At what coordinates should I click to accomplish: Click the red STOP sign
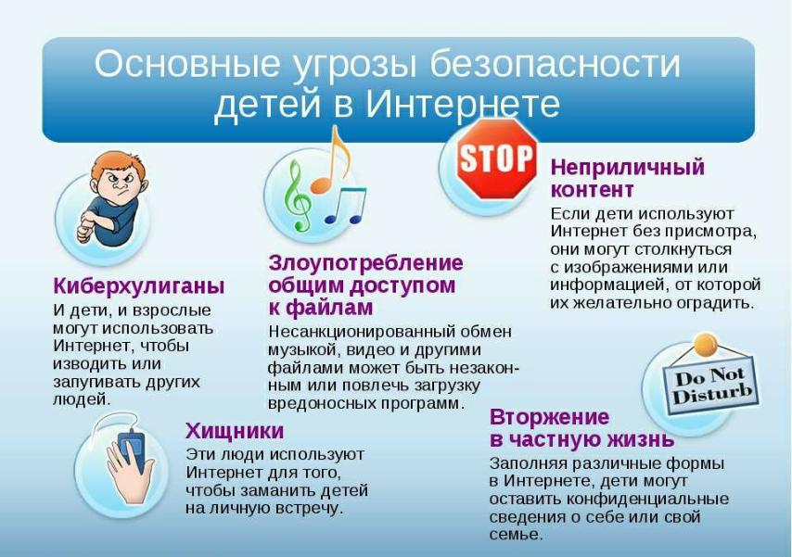[496, 158]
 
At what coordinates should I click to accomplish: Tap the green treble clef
[297, 196]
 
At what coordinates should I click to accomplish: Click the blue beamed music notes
[346, 206]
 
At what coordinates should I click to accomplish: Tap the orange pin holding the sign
[705, 345]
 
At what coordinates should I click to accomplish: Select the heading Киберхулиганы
[139, 286]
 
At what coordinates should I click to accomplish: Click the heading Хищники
[235, 431]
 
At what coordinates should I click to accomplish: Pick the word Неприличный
[627, 167]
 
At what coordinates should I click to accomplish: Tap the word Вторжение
[550, 417]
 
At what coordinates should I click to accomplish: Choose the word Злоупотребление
[365, 263]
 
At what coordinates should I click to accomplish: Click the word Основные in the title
[187, 64]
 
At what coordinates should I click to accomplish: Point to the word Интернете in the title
[462, 104]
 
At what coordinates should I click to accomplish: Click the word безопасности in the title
[556, 64]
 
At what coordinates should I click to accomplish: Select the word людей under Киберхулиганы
[82, 399]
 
